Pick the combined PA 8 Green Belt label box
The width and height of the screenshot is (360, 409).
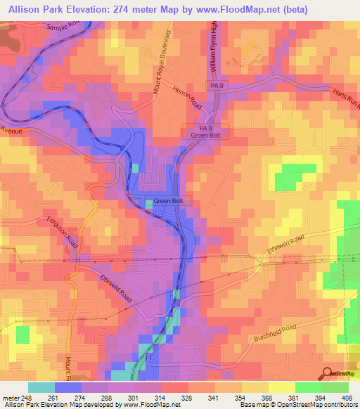coord(202,132)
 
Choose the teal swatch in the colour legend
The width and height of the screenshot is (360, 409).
coord(41,387)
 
